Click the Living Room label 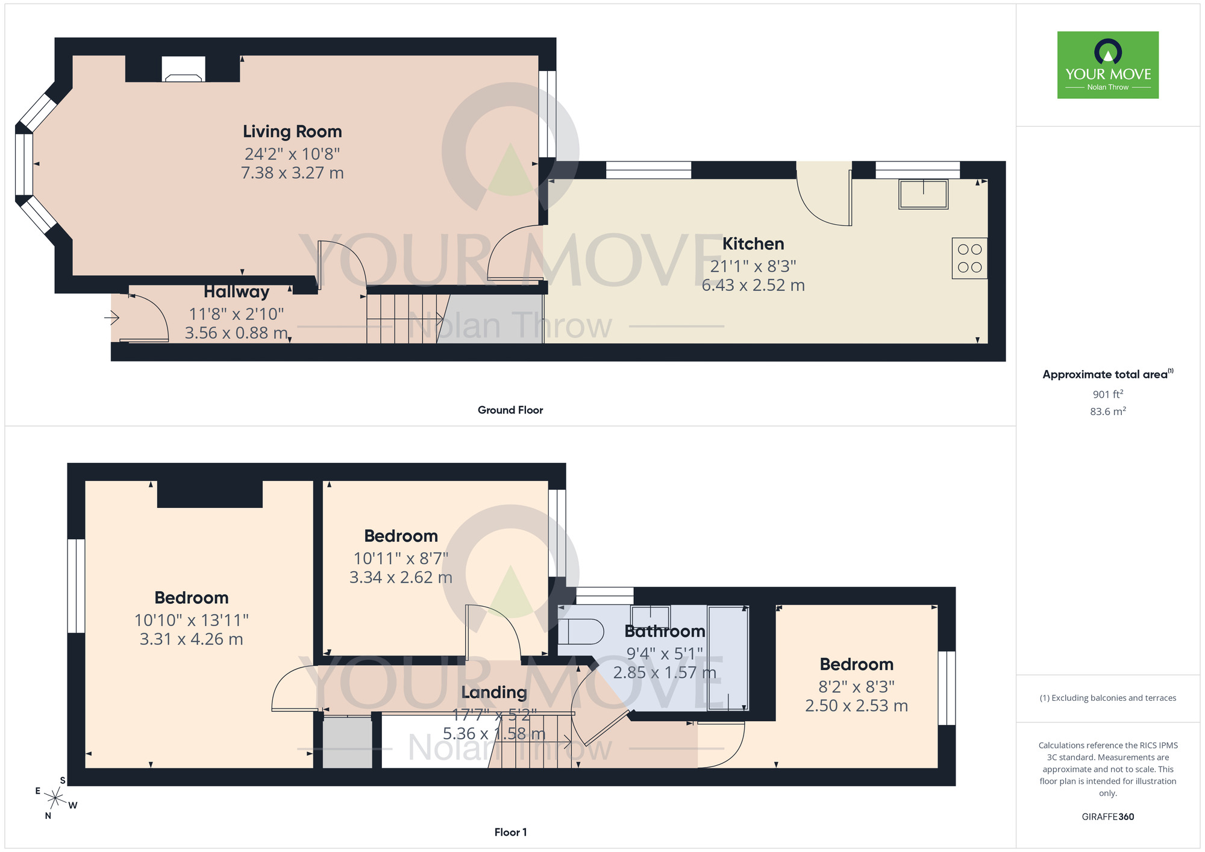(x=292, y=131)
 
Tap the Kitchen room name (x=753, y=244)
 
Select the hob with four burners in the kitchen (x=969, y=258)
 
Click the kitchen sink (x=923, y=194)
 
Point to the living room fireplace (x=183, y=69)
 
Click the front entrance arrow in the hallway (x=112, y=317)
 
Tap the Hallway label (x=236, y=292)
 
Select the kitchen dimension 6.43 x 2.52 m (x=753, y=285)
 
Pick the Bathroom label (x=665, y=631)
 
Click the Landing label (x=494, y=692)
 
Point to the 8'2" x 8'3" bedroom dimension (x=856, y=687)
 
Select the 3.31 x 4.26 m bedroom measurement (x=192, y=639)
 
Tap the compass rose (x=55, y=799)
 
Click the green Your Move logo (x=1107, y=65)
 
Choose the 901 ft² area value (x=1107, y=395)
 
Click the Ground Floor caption (x=510, y=410)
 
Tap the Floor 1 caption (x=510, y=832)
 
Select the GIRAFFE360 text (x=1107, y=817)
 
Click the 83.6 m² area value (x=1107, y=412)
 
